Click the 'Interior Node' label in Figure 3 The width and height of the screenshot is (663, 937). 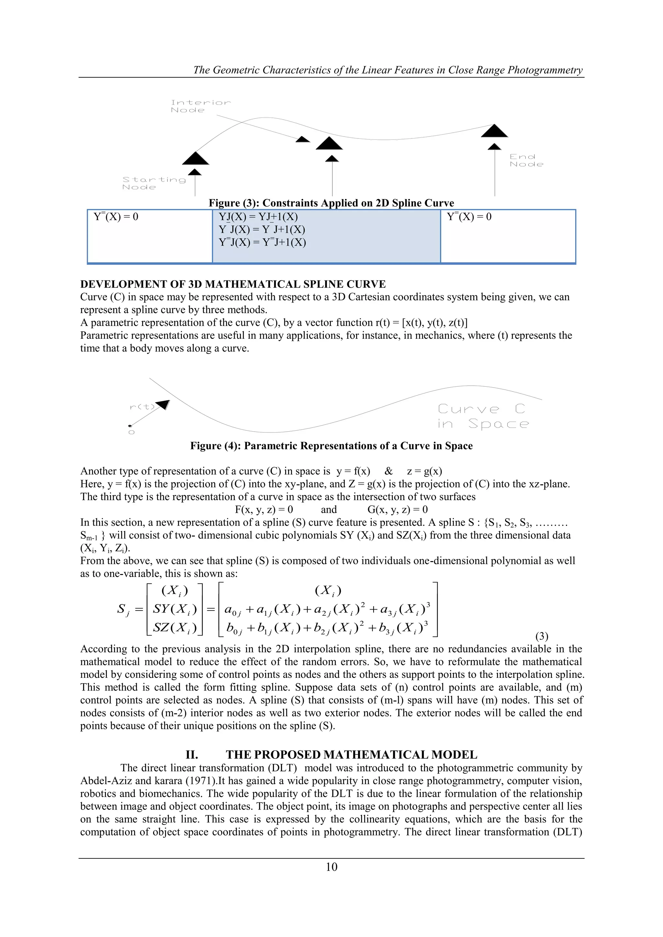coord(200,106)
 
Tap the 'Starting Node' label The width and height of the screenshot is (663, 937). coord(154,183)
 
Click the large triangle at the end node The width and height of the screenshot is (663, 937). coord(494,131)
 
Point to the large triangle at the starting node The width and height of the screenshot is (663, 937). coord(196,158)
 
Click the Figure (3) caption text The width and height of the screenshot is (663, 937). coord(331,203)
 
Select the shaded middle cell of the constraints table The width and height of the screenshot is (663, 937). coord(326,236)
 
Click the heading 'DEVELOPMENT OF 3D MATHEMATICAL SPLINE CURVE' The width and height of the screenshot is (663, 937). coord(233,284)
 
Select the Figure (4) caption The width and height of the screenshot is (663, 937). coord(331,446)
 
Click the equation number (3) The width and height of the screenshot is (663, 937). coord(541,636)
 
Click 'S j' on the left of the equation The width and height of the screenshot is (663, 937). coord(123,610)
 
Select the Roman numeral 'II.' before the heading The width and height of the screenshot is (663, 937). coord(192,755)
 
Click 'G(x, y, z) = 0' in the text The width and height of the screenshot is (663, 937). coord(398,509)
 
